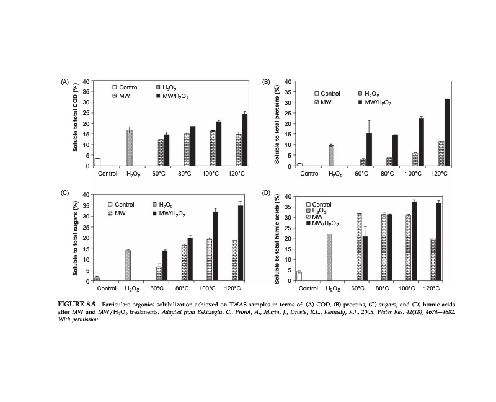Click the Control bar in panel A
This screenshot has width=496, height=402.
tap(97, 162)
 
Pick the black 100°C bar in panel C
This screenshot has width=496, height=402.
tap(215, 246)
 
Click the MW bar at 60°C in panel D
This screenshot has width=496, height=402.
tap(358, 247)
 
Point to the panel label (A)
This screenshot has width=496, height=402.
tap(64, 82)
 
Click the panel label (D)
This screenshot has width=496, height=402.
tap(267, 193)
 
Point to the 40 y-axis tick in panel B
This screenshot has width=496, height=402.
tap(288, 81)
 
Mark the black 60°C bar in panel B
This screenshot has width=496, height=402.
tap(369, 150)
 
